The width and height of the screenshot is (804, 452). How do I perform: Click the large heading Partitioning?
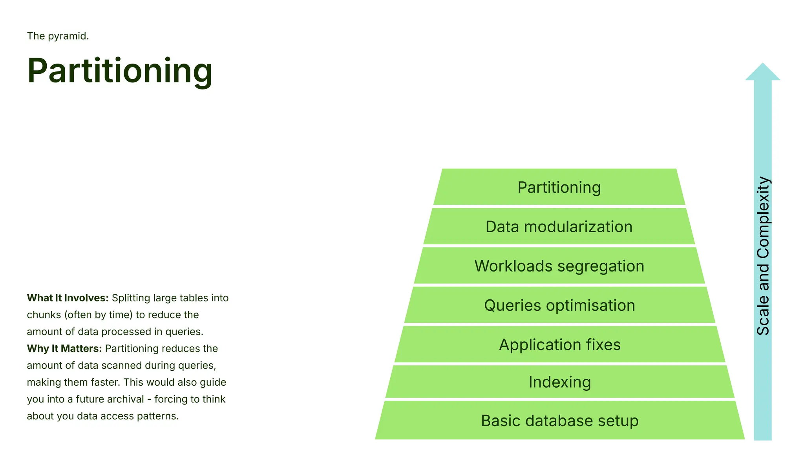point(120,71)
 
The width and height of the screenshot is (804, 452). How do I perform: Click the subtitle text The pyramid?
point(58,36)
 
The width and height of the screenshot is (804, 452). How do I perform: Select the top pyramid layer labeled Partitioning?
point(559,188)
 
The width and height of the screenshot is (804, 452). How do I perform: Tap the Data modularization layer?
point(559,227)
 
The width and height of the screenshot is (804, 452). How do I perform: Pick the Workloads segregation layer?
point(559,266)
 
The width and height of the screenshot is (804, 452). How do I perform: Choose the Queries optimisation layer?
point(559,305)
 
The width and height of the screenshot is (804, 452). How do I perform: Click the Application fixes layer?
point(559,344)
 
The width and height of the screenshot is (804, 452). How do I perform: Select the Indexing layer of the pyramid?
point(559,382)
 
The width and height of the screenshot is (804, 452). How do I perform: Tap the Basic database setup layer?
point(559,421)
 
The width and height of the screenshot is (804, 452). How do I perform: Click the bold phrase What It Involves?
point(68,298)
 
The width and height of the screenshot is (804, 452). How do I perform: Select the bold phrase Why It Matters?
point(64,348)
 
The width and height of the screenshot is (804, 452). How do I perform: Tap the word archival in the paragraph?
point(126,399)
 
